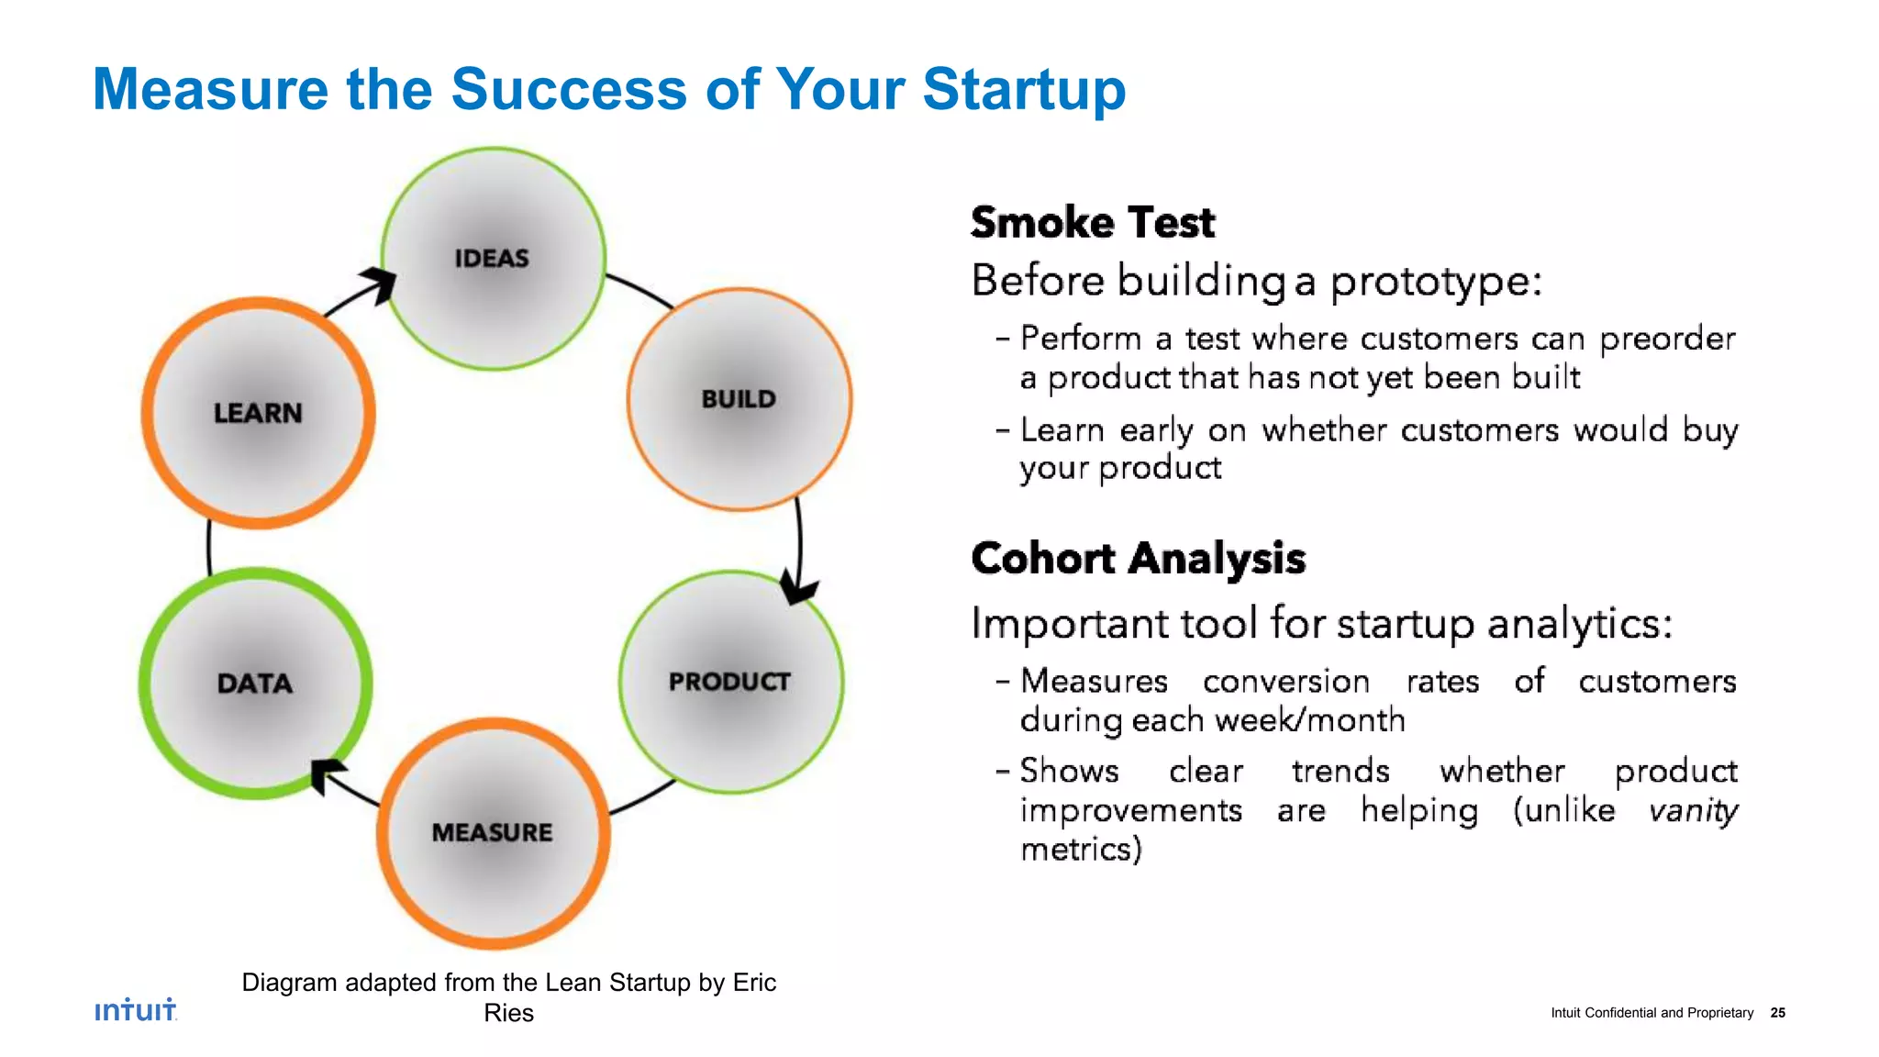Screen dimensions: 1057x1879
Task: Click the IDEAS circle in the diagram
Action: coord(493,259)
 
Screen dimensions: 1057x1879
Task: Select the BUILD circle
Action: coord(739,400)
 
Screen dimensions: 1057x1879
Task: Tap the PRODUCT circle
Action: coord(730,682)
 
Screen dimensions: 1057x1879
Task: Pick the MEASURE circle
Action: coord(493,832)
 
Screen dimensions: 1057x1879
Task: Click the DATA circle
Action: coord(255,684)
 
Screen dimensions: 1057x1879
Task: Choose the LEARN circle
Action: coord(258,413)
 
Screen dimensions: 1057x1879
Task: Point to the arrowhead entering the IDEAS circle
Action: coord(380,284)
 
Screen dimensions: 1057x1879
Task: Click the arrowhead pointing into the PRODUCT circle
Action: coord(797,588)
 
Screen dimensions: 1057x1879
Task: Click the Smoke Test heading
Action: coord(1092,223)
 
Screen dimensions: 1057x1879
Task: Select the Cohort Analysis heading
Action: coord(1138,559)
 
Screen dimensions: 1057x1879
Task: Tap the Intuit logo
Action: coord(136,1009)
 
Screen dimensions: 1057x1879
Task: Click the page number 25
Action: coord(1777,1013)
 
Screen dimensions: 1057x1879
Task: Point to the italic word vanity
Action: coord(1692,811)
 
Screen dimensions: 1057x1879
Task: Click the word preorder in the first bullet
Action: coord(1667,339)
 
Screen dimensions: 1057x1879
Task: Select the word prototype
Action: coord(1436,282)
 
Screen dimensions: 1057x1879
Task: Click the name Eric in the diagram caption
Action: coord(754,983)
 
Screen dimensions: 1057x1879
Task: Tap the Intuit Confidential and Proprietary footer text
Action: coord(1651,1013)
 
